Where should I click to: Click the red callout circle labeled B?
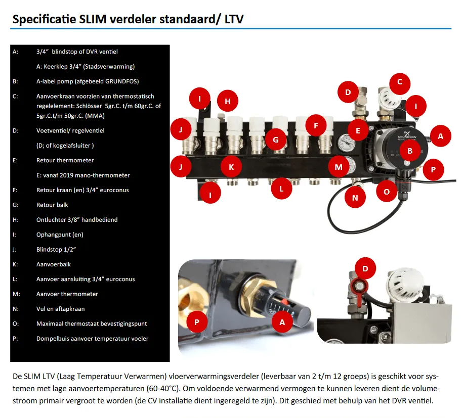(x=410, y=150)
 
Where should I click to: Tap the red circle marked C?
(x=399, y=82)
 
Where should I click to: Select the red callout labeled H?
(x=227, y=101)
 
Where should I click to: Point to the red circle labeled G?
(x=276, y=140)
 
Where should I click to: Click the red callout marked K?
(x=231, y=166)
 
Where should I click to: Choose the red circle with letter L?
(x=281, y=190)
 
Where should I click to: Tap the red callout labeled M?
(x=338, y=166)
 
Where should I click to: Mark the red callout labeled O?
(x=387, y=192)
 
